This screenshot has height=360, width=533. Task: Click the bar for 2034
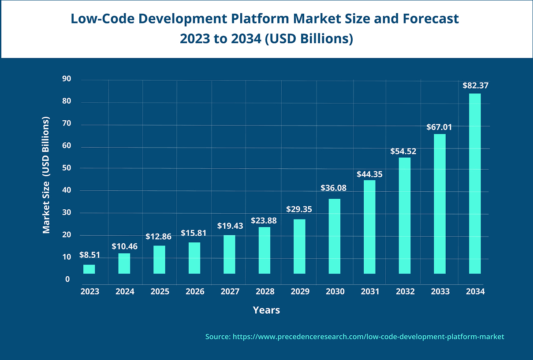(475, 183)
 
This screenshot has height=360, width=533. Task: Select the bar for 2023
(89, 269)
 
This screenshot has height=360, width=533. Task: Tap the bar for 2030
(335, 236)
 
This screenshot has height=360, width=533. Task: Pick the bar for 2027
(229, 254)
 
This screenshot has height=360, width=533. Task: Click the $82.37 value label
(475, 86)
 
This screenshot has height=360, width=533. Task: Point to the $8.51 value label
(89, 255)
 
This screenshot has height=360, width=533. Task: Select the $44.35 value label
(369, 174)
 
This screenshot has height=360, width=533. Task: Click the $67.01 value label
(439, 127)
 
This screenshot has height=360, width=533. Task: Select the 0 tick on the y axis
(67, 279)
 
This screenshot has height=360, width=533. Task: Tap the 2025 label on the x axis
(160, 292)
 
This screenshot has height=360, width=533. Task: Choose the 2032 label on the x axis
(405, 292)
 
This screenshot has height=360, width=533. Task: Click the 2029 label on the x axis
(300, 292)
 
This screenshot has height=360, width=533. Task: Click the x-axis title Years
(266, 310)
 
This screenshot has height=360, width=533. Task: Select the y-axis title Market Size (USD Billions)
(46, 175)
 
